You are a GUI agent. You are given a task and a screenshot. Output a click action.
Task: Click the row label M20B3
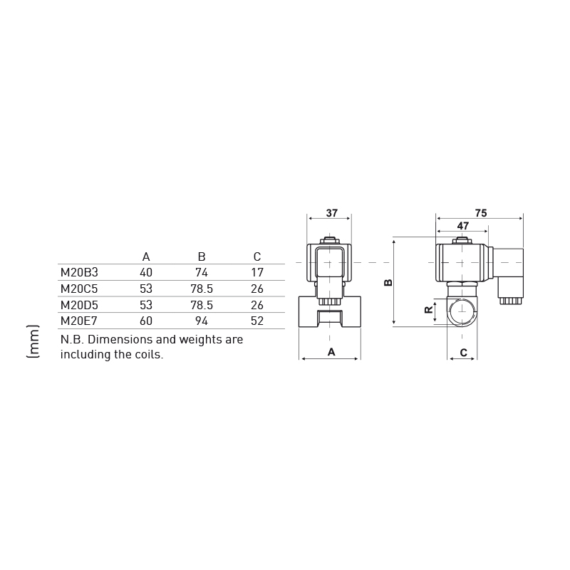click(79, 272)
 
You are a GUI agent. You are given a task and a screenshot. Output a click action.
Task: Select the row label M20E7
click(79, 321)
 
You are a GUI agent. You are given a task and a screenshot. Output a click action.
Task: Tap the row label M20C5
click(79, 289)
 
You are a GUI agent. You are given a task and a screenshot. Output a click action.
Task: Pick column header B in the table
click(202, 256)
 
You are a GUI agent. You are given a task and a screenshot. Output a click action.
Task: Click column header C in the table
click(257, 256)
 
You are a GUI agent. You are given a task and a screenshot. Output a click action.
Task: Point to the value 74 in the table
click(202, 272)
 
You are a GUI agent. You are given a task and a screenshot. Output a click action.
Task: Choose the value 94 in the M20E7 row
click(202, 321)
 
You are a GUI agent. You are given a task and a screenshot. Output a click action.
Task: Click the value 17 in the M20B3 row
click(257, 272)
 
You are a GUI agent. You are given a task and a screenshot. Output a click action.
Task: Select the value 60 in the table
click(146, 321)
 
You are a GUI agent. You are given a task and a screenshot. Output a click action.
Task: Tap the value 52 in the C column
click(257, 321)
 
